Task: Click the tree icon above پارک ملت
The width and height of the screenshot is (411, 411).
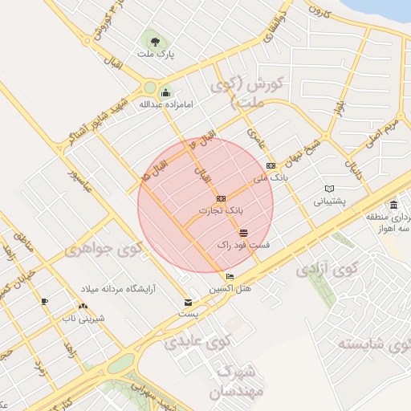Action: click(152, 41)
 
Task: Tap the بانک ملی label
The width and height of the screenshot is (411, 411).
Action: click(269, 177)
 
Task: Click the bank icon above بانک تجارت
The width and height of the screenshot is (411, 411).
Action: click(221, 197)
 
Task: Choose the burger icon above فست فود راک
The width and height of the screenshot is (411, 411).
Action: click(244, 232)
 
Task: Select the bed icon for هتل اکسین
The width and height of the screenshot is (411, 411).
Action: click(231, 277)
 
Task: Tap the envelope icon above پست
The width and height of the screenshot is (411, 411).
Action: click(188, 303)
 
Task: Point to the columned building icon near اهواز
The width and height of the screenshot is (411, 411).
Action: click(393, 205)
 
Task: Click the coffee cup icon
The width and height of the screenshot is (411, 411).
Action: click(44, 301)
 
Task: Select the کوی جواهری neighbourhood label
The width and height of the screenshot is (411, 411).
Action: click(104, 250)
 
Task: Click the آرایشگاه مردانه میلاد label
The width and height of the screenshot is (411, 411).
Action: click(117, 287)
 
